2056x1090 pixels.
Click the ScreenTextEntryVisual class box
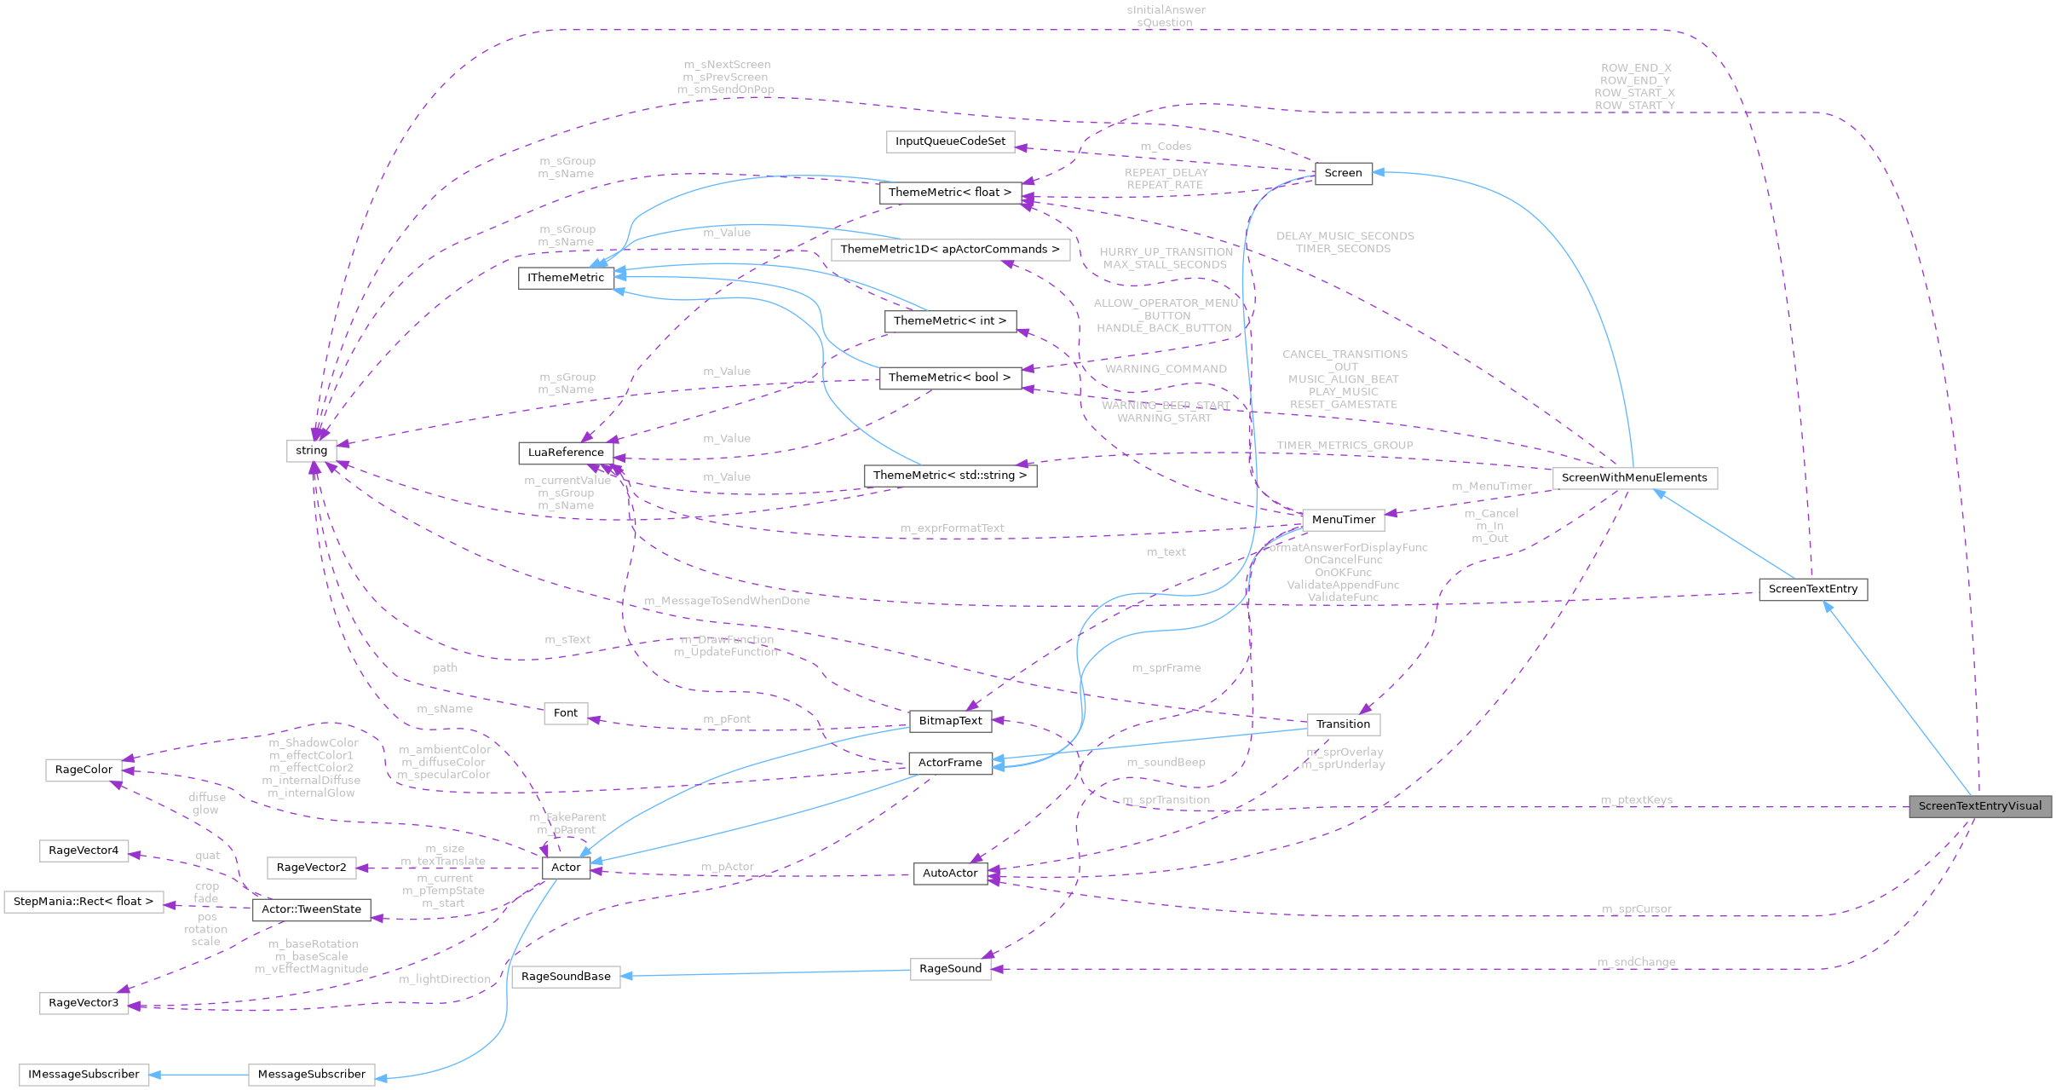coord(1979,806)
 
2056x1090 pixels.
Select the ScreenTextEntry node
coord(1812,589)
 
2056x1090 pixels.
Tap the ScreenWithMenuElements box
coord(1633,478)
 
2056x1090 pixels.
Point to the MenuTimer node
coord(1343,520)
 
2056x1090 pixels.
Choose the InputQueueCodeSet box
coord(950,141)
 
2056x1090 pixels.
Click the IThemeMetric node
coord(566,278)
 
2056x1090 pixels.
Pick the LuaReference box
coord(566,453)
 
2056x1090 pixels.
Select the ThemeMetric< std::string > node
coord(950,476)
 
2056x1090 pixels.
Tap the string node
coord(311,451)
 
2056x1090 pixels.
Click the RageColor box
coord(84,770)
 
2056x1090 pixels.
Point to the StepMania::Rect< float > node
coord(84,902)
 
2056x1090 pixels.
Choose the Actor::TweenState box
coord(311,909)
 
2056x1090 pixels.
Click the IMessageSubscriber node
coord(84,1075)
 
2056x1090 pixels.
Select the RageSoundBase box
coord(566,977)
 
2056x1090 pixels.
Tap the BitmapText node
coord(950,721)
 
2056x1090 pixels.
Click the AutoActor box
coord(950,874)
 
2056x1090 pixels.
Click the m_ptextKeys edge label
coord(1636,799)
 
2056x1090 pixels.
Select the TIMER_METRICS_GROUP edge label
coord(1345,446)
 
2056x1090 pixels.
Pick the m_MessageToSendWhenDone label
coord(727,601)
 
